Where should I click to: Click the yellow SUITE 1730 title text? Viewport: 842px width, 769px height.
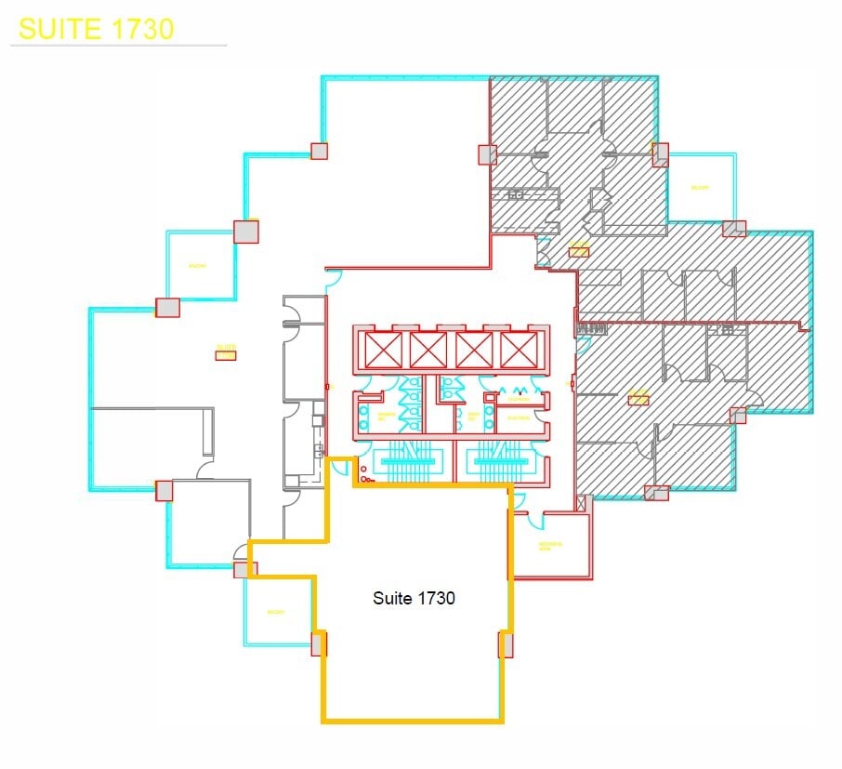tap(96, 28)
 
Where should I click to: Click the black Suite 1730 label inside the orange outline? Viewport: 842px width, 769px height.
tap(414, 598)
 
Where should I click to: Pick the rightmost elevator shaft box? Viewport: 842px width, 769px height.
tap(517, 351)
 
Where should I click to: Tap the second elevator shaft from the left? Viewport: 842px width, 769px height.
tap(428, 351)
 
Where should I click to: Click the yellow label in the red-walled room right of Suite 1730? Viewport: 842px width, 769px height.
tap(551, 547)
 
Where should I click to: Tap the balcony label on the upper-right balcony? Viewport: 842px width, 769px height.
tap(699, 188)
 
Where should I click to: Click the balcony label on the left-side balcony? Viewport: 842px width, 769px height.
tap(196, 266)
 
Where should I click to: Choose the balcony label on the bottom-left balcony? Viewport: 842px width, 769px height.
tap(275, 612)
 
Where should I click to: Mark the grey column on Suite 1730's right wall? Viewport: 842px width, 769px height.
tap(507, 644)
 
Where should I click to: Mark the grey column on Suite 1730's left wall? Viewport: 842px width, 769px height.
tap(319, 643)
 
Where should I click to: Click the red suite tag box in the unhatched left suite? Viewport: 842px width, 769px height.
tap(226, 354)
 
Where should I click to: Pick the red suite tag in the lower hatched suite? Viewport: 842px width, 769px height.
tap(638, 399)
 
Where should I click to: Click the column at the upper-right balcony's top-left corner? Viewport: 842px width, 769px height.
tap(661, 153)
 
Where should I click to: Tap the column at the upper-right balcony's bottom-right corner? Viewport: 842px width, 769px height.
tap(734, 229)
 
